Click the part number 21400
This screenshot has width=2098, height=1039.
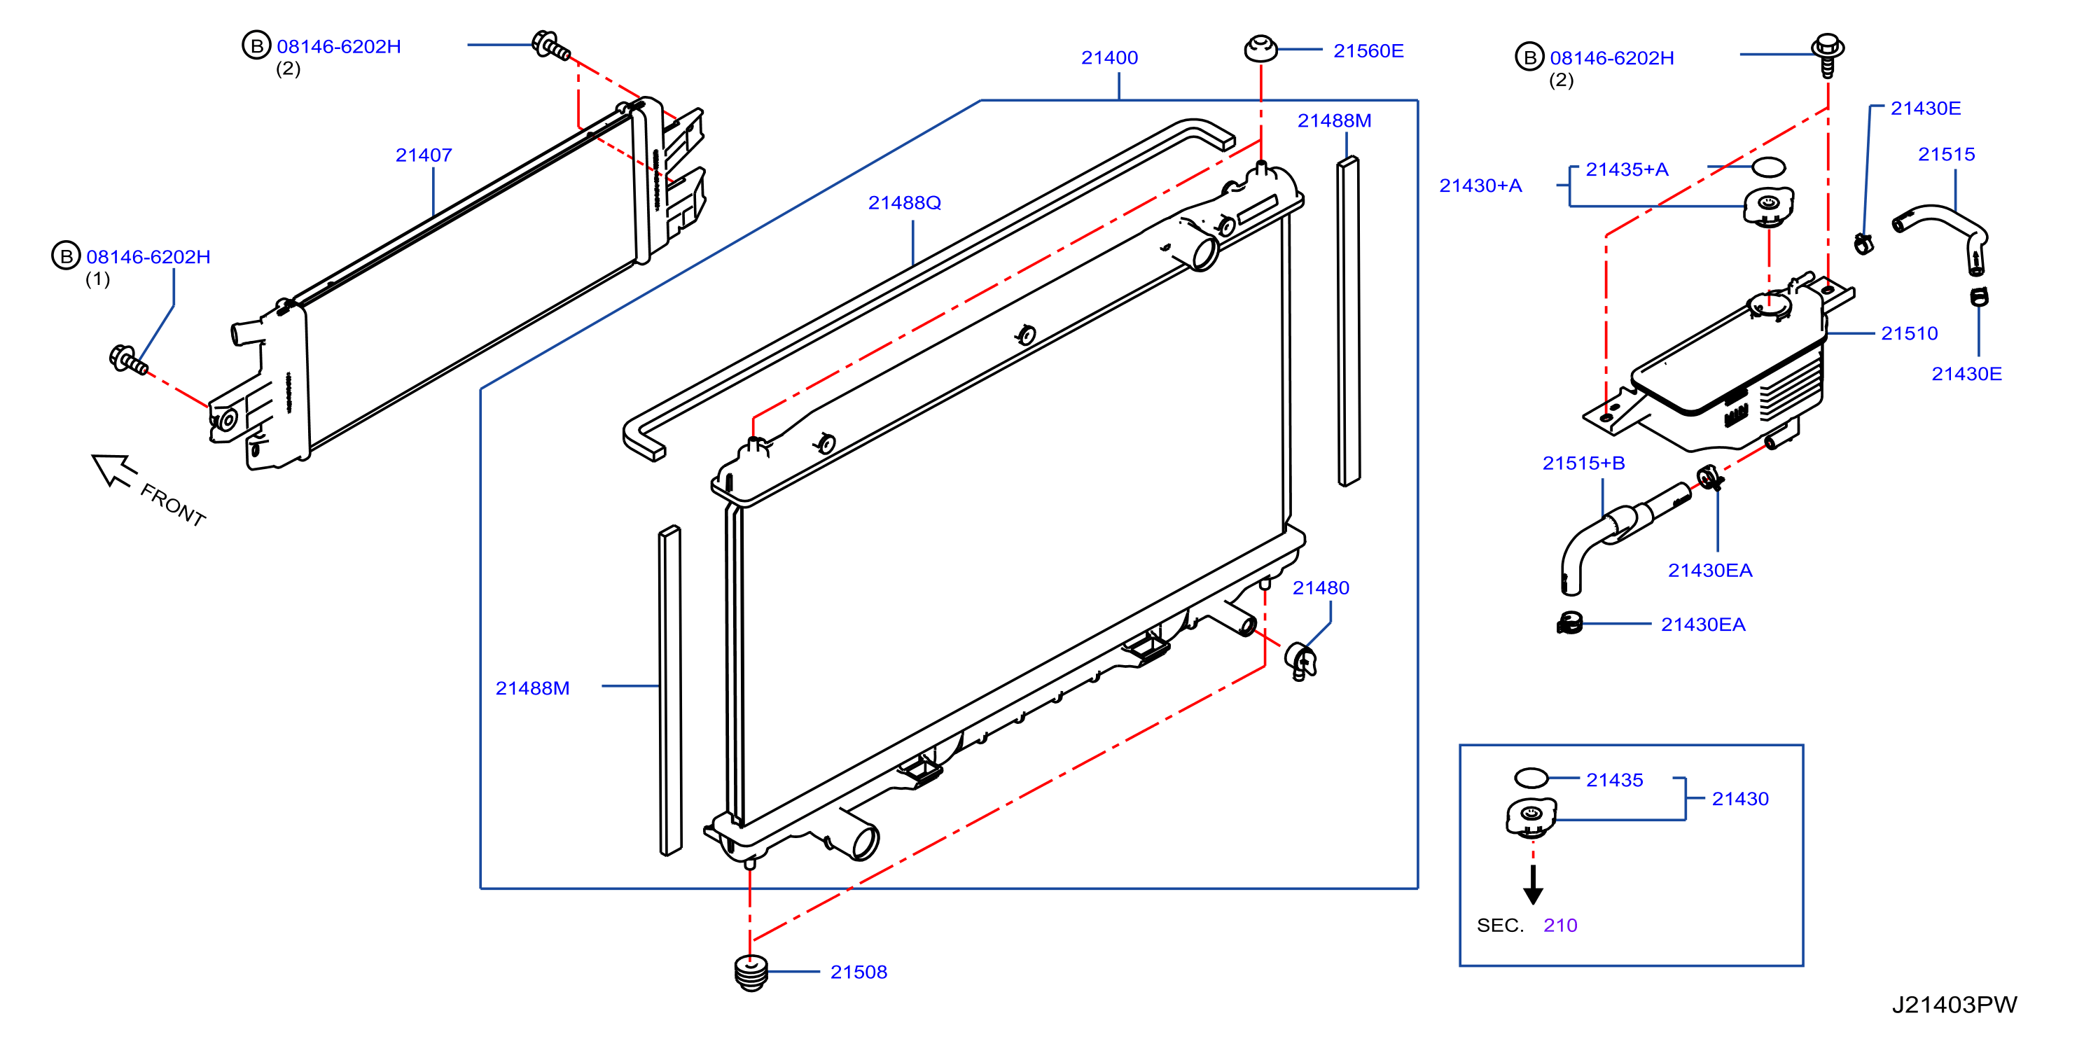(x=1109, y=58)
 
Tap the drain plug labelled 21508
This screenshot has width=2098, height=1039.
(x=751, y=972)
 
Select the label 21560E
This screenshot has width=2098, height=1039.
(x=1368, y=50)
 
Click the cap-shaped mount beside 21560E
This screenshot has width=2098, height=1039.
(x=1260, y=49)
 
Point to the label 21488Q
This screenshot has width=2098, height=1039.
(x=904, y=203)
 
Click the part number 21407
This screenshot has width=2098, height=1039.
(x=424, y=155)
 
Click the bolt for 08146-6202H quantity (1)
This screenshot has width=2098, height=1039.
(x=129, y=360)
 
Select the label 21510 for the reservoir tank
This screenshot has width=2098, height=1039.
(x=1909, y=333)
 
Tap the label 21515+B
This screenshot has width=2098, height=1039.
(x=1583, y=463)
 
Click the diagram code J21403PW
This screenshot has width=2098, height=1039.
(x=1954, y=1005)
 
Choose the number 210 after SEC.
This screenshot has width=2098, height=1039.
(x=1560, y=925)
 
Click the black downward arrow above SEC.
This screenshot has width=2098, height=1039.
(x=1533, y=885)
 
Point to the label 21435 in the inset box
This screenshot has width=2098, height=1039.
(x=1614, y=780)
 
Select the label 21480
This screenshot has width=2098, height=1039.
(x=1320, y=588)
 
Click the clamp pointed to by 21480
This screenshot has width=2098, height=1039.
(x=1300, y=660)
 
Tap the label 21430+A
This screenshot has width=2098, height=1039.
(x=1480, y=186)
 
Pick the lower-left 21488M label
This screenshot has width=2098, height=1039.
(x=533, y=688)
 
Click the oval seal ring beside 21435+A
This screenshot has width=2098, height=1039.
(x=1768, y=167)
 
